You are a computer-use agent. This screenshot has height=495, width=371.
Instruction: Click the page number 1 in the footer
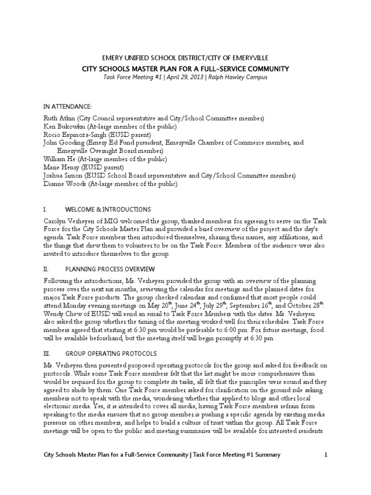coord(326,455)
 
